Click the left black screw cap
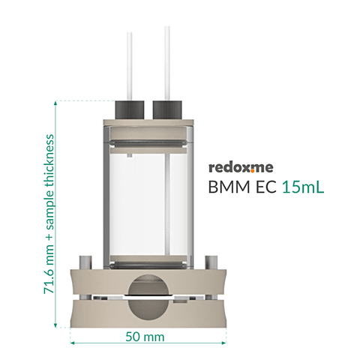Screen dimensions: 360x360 click(130, 110)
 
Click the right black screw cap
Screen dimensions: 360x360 click(167, 110)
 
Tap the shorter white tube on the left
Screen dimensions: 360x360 click(130, 67)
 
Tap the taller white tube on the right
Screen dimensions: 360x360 click(167, 63)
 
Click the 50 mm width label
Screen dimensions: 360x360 click(145, 337)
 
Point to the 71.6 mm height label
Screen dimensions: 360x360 click(49, 214)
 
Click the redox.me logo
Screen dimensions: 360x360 click(241, 167)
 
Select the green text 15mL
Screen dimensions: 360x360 click(303, 187)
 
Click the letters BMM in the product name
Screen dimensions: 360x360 click(229, 187)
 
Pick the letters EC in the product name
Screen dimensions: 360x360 click(265, 187)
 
